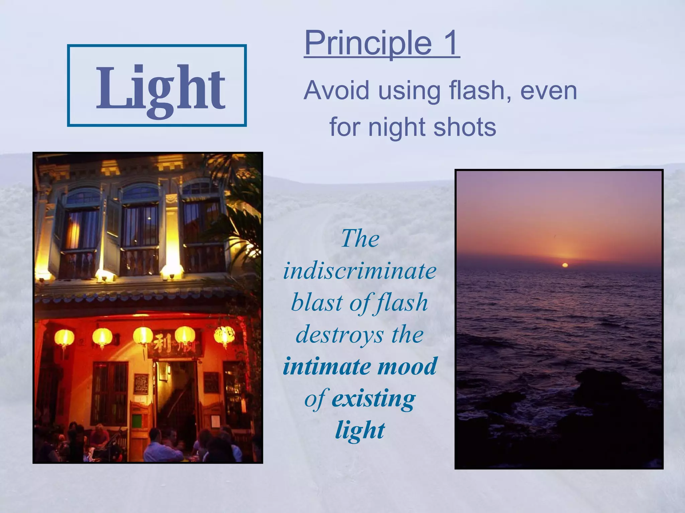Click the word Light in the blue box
[x=160, y=89]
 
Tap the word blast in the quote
[x=317, y=303]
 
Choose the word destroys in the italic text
[x=339, y=335]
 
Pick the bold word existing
[x=373, y=398]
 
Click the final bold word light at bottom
[x=360, y=430]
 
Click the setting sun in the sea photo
[x=565, y=265]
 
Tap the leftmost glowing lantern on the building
[x=64, y=337]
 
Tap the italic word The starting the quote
[x=360, y=239]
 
